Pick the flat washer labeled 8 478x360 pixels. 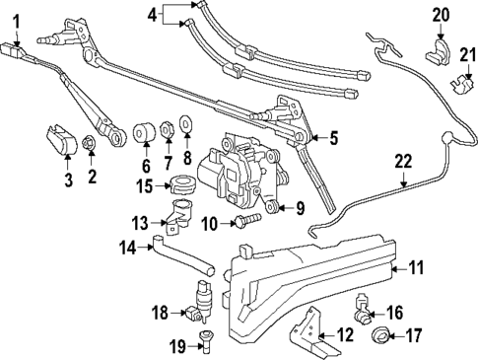(187, 127)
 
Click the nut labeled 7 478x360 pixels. (168, 128)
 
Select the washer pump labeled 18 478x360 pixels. (206, 303)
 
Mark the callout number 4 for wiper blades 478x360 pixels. (151, 14)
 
